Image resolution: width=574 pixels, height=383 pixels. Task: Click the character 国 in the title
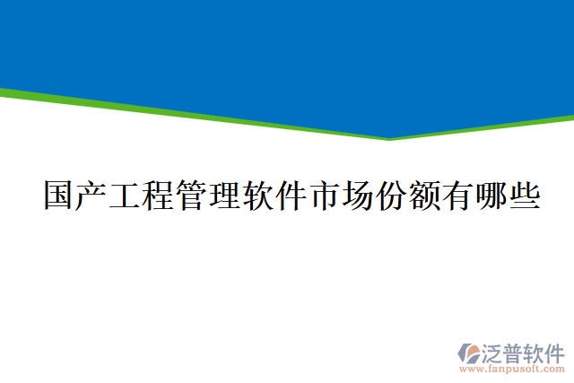[60, 195]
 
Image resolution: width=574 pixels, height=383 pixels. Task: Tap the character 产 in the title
[93, 195]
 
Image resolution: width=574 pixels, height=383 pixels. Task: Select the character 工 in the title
[126, 195]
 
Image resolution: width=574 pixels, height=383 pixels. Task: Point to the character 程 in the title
[159, 195]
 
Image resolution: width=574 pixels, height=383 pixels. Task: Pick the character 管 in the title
[192, 195]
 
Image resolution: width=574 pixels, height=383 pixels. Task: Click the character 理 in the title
[225, 195]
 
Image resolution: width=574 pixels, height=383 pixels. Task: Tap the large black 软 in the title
[258, 195]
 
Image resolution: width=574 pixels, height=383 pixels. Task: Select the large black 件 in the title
[291, 195]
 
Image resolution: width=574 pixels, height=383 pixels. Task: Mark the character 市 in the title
[325, 195]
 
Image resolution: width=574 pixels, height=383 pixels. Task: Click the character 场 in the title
[358, 195]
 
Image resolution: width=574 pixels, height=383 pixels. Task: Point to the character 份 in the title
[391, 195]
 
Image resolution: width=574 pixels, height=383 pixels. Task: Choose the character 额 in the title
[424, 195]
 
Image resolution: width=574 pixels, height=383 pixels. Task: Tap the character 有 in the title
[457, 195]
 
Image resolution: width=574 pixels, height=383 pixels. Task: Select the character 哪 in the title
[491, 195]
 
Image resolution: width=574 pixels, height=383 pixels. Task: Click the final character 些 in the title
[524, 195]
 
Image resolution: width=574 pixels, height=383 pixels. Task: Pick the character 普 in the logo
[515, 352]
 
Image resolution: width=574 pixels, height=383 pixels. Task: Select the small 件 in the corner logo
[555, 352]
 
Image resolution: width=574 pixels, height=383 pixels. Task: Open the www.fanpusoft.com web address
[512, 369]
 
